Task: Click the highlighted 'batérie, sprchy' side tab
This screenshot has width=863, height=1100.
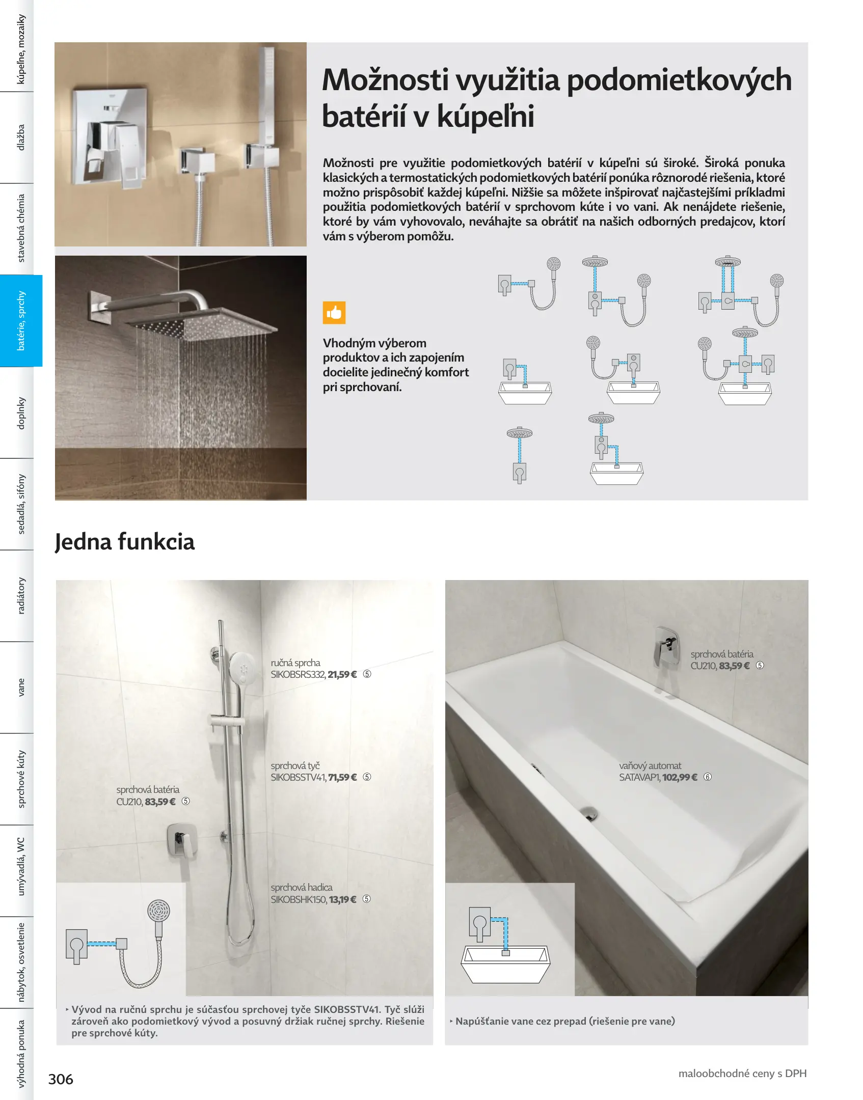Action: pos(21,320)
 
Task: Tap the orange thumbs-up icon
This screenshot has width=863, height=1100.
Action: pos(334,313)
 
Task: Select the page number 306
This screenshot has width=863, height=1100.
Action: pos(61,1079)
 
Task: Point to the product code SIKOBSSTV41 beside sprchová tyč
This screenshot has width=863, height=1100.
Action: pos(298,777)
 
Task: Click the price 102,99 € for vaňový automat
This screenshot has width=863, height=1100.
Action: pos(680,777)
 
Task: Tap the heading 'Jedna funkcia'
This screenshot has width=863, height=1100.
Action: pos(125,541)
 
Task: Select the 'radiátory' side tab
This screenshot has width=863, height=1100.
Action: pos(21,595)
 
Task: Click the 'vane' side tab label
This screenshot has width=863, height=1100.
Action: pos(21,687)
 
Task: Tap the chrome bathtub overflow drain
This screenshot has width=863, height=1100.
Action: pos(589,813)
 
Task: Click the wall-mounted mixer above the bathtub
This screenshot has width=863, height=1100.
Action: pos(667,647)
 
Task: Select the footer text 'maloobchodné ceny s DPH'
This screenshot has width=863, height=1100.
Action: pos(742,1073)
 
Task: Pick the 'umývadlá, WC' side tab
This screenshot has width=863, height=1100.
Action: pos(21,870)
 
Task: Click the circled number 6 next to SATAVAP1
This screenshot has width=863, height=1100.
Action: pos(708,777)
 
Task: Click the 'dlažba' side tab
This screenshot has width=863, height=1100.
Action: pos(21,137)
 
